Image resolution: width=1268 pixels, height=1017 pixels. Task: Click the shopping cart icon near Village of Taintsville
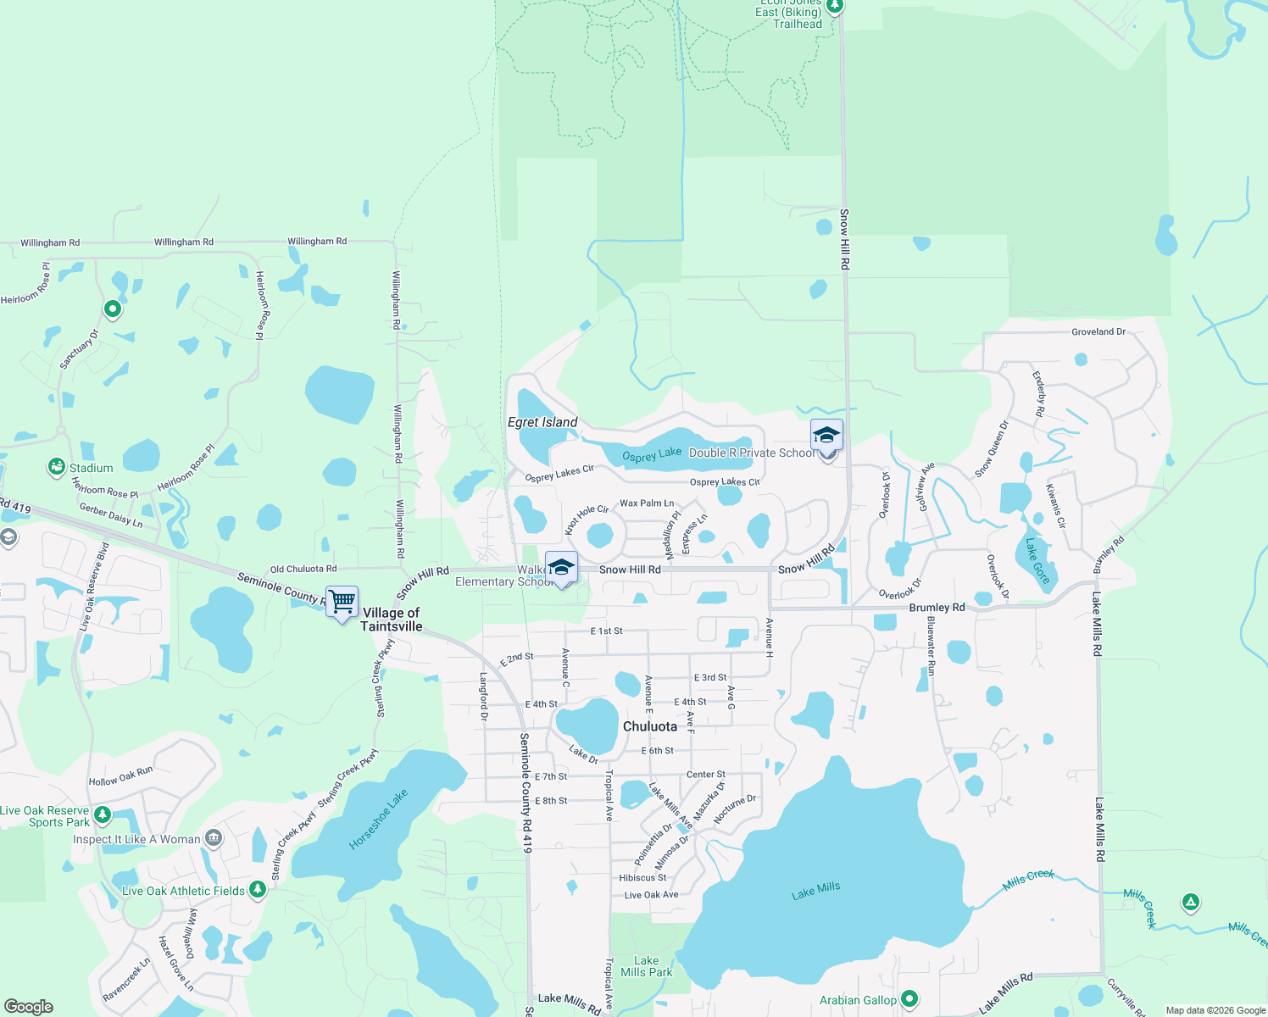coord(342,602)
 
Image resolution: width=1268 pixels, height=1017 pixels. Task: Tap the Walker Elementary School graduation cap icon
coord(561,567)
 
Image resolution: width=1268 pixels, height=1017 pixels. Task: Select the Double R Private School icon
coord(826,436)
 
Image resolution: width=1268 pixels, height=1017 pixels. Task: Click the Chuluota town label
coord(650,726)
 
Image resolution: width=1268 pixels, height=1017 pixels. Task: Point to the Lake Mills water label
coord(815,891)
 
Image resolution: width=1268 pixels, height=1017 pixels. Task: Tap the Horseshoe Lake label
coord(378,820)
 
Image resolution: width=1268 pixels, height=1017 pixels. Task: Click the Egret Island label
coord(542,422)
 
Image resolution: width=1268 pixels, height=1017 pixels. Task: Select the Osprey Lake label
coord(652,455)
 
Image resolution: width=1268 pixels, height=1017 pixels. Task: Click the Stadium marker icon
coord(57,467)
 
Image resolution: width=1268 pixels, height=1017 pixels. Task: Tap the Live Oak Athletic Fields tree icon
coord(257,890)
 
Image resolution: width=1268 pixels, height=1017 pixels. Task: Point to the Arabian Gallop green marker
coord(909,999)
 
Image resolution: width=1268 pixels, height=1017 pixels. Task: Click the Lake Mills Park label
coord(646,966)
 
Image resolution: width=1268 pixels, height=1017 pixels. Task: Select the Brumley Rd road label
coord(937,608)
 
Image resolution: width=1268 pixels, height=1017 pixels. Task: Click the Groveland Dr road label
coord(1098,331)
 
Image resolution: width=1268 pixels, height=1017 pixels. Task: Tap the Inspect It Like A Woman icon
coord(214,839)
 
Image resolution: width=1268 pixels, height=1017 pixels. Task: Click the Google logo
coord(29,1006)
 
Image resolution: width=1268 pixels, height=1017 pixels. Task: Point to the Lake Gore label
coord(1037,561)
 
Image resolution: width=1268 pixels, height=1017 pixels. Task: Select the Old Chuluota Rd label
coord(303,569)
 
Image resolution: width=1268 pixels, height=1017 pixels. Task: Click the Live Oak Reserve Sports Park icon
coord(103,815)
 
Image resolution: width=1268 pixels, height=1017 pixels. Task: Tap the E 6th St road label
coord(658,751)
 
